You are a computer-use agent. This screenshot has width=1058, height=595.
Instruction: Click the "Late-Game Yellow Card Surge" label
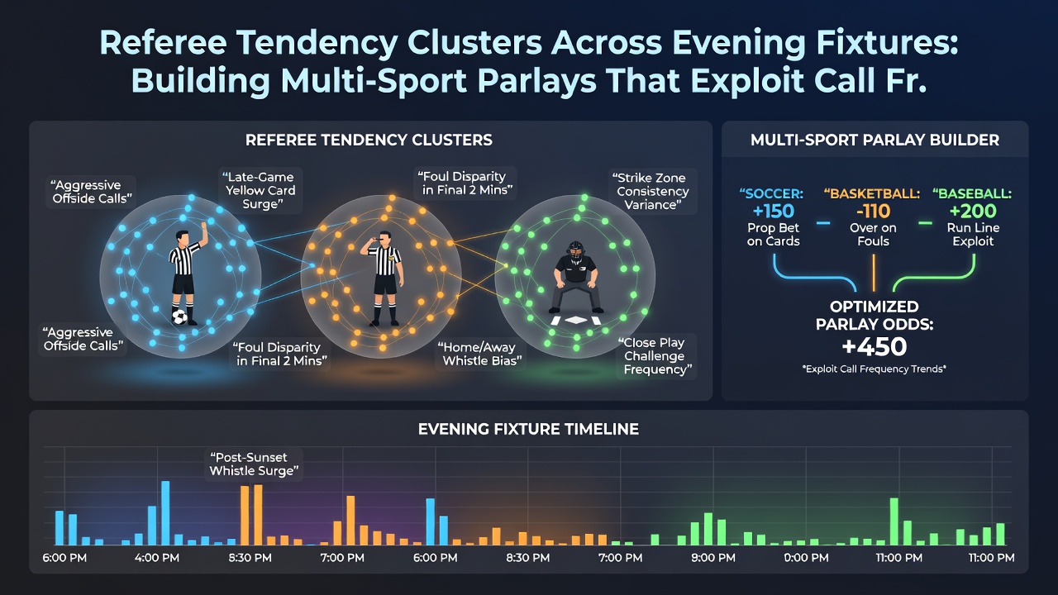tap(260, 190)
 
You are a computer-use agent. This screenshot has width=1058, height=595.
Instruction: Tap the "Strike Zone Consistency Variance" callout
tap(652, 191)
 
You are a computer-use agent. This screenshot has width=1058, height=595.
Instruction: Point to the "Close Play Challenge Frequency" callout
tap(657, 356)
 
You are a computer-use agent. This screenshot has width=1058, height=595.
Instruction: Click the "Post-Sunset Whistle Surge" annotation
tap(254, 464)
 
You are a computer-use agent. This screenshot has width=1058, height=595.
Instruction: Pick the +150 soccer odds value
tap(773, 211)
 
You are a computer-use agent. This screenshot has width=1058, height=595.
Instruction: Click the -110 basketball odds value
tap(873, 211)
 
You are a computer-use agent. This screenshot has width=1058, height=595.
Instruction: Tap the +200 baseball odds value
tap(973, 211)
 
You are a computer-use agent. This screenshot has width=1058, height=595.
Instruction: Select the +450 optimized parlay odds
tap(875, 346)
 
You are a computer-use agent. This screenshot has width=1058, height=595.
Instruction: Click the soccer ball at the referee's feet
tap(179, 317)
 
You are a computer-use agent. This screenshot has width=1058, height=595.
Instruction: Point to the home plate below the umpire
tap(576, 320)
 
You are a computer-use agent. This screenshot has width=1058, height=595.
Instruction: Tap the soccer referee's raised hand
tap(203, 226)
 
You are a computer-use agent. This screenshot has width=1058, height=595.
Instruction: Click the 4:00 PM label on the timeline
tap(157, 558)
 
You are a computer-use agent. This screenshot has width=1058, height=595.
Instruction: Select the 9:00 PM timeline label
tap(713, 558)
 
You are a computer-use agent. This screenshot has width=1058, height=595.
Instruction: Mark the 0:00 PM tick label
tap(806, 558)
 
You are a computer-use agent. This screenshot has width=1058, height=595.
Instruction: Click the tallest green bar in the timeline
tap(894, 521)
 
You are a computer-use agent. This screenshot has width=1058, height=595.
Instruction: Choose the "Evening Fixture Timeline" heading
tap(528, 429)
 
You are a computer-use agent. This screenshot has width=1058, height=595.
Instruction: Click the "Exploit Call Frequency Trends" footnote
tap(875, 369)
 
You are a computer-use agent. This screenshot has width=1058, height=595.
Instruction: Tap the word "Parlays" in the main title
tap(536, 80)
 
